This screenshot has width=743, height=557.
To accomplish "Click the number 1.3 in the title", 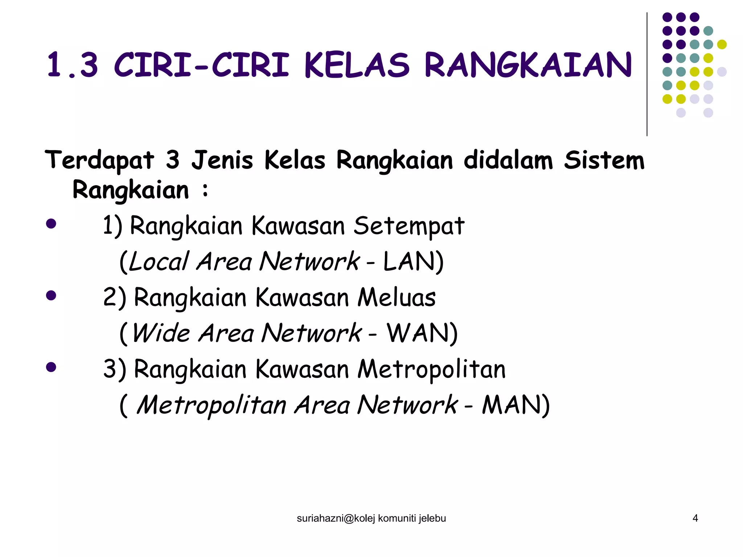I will point(73,65).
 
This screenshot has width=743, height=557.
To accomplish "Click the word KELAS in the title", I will point(357,65).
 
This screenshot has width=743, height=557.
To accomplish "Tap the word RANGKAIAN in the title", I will point(528,65).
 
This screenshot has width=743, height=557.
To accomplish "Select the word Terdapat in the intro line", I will point(99,160).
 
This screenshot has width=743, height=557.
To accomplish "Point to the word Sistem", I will point(604,160).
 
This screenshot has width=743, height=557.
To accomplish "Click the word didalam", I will point(508,160).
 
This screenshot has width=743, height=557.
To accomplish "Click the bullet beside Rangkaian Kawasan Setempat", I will point(51,223).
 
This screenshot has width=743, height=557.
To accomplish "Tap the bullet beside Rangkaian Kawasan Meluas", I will point(51,295).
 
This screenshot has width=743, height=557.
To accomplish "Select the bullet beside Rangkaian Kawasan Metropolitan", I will point(51,367).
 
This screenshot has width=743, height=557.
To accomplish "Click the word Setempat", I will point(409,226).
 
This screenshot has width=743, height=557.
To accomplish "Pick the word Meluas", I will point(396,297).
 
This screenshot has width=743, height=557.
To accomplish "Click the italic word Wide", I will point(161,333).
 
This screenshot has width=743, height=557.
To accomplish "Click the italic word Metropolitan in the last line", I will point(212,405).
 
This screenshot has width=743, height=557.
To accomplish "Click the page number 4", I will point(695,518).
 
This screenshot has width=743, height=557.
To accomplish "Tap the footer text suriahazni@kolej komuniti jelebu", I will point(371,519).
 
